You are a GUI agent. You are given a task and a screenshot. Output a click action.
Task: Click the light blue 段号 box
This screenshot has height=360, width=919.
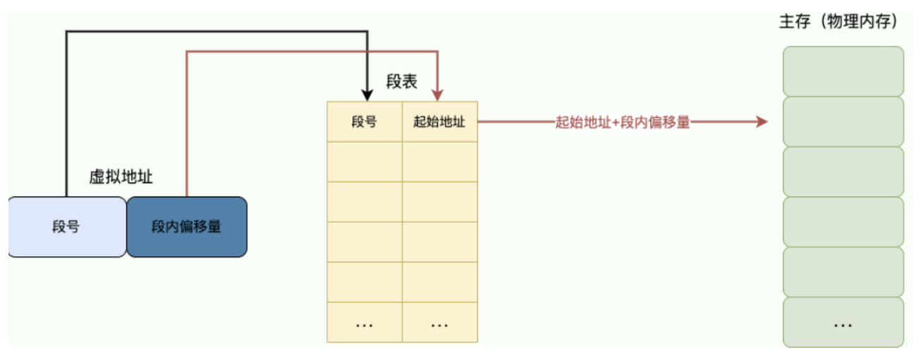coord(66,227)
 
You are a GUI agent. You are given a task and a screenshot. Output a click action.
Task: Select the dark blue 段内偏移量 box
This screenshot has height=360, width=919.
coord(187,227)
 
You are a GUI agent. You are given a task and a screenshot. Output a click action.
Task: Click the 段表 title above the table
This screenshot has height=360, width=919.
coord(402,82)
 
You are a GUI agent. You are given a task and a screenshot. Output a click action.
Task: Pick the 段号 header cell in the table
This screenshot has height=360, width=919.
coord(364,122)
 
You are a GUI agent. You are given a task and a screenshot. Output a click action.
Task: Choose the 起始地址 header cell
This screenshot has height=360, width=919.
coord(439,122)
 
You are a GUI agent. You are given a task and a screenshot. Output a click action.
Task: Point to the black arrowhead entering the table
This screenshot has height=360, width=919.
coord(366,95)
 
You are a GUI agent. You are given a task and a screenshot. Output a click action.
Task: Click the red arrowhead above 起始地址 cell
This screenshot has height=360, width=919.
coord(438,95)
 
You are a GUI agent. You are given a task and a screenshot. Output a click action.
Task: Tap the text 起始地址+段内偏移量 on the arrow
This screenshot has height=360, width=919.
coord(622,123)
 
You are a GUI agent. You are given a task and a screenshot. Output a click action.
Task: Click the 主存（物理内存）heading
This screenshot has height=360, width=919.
coord(839,22)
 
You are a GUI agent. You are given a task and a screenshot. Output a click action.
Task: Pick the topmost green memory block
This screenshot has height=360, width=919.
coord(843,71)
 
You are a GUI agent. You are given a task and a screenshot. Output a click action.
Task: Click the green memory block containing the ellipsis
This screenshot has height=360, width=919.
coord(843,323)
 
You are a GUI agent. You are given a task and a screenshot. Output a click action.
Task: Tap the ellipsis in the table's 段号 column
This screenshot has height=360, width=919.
coord(364,323)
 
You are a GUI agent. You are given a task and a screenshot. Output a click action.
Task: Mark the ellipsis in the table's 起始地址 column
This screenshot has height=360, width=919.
coord(439,323)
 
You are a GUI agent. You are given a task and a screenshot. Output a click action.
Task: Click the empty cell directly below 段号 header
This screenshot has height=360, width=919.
coord(364,162)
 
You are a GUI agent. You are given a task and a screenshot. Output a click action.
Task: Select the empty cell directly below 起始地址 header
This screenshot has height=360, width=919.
coord(439,162)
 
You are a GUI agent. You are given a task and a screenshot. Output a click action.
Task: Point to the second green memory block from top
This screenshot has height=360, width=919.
coord(843,121)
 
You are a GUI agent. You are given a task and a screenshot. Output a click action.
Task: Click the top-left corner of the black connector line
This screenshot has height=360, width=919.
coord(66,32)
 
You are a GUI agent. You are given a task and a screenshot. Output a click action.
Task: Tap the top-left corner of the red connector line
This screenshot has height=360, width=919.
coord(187,51)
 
